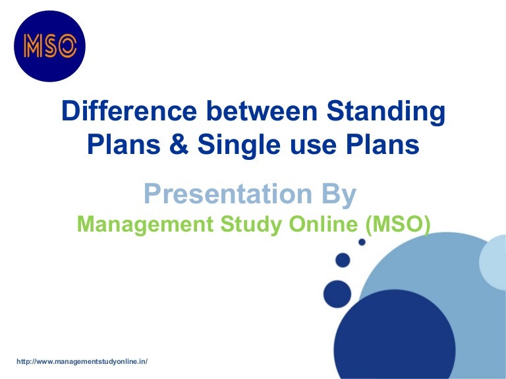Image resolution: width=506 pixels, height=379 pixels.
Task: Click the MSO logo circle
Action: (50, 46)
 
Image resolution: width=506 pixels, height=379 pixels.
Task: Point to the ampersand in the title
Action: (173, 144)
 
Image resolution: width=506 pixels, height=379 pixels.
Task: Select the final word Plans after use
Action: (381, 144)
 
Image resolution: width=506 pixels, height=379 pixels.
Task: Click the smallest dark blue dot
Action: (362, 242)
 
